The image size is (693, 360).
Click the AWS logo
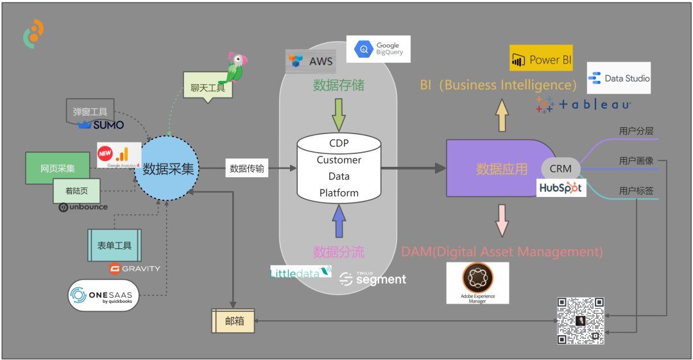coord(310,61)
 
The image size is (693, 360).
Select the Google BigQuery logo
coord(378,49)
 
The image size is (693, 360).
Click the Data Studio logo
coord(619,78)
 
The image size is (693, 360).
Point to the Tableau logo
coord(583,105)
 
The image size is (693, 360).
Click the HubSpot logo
coord(561,187)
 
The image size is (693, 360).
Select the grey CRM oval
coord(561,169)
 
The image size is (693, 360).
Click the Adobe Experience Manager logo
coord(477,282)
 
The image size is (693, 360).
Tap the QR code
coord(581,320)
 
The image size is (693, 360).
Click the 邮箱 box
coord(233,321)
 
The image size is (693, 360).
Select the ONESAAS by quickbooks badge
coord(104,295)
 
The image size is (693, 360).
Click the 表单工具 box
coord(114,245)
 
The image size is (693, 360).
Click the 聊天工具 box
coord(207,88)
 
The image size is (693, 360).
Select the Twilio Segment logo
coord(372,278)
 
